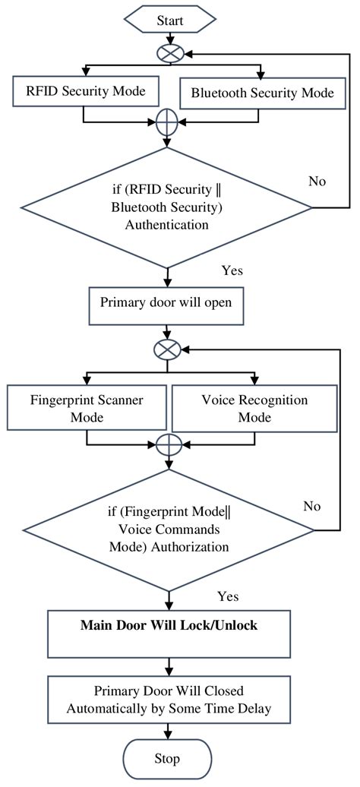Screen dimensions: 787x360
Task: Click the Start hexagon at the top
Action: pyautogui.click(x=170, y=21)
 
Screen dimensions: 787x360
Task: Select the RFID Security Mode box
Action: pyautogui.click(x=86, y=92)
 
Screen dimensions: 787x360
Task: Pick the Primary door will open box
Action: pyautogui.click(x=166, y=300)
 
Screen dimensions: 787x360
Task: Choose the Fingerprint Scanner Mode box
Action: pyautogui.click(x=86, y=407)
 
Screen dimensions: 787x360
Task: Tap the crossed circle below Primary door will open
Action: pyautogui.click(x=166, y=349)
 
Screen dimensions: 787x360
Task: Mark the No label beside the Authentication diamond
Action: pyautogui.click(x=318, y=181)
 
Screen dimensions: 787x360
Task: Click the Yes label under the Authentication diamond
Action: pyautogui.click(x=232, y=270)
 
